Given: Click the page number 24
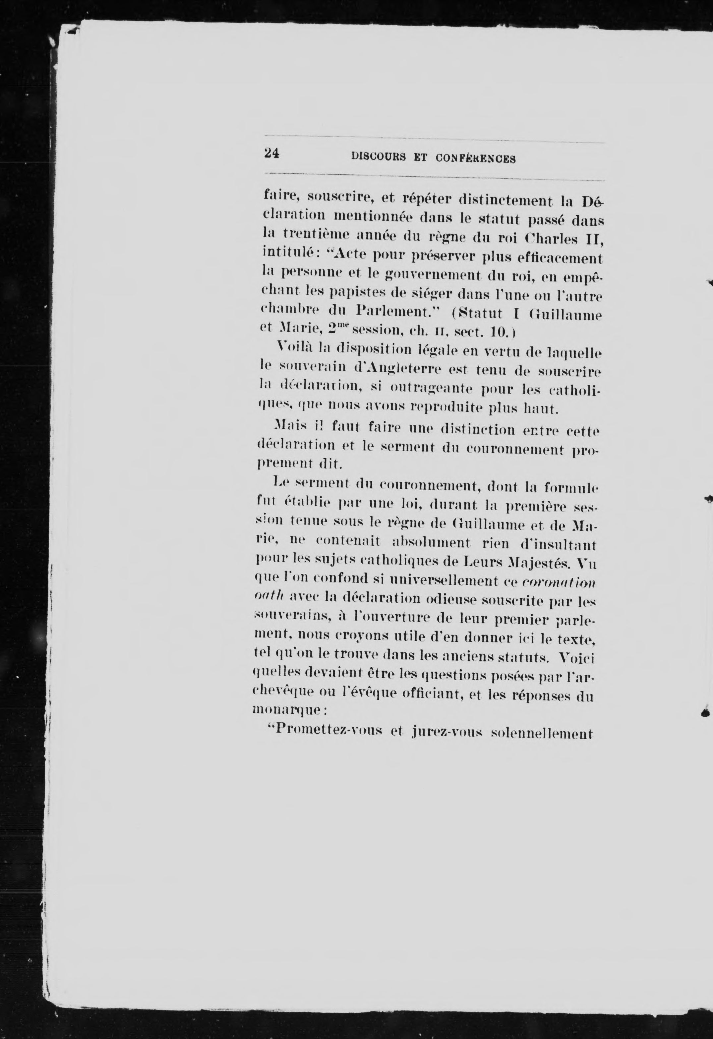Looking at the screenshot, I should (x=272, y=153).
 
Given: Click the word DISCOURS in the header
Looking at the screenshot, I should (x=379, y=157).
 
